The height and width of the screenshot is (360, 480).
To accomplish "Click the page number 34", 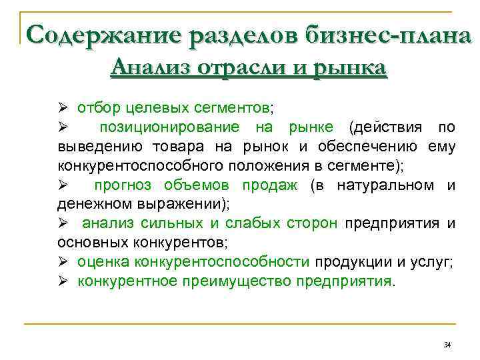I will (447, 345).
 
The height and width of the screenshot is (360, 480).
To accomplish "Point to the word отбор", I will (96, 107).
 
